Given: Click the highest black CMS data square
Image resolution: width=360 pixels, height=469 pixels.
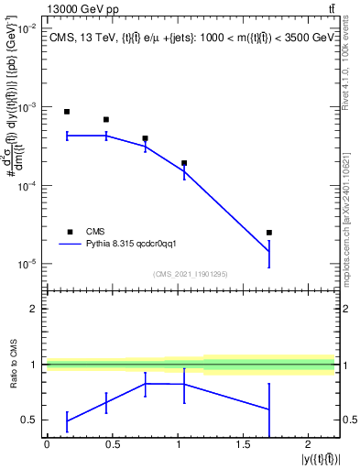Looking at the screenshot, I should pyautogui.click(x=67, y=112).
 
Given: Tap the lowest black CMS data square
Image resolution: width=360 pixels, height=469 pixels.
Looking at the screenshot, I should pyautogui.click(x=269, y=233).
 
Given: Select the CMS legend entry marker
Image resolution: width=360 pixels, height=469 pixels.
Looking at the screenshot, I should pyautogui.click(x=67, y=232).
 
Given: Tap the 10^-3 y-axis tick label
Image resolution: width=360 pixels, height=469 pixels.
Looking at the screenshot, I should pyautogui.click(x=28, y=107).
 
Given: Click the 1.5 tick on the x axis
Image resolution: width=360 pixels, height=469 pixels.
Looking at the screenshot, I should pyautogui.click(x=243, y=436).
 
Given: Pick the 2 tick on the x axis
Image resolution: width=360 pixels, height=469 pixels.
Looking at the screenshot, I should pyautogui.click(x=308, y=436).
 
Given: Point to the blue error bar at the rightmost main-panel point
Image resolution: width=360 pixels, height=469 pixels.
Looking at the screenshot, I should pyautogui.click(x=269, y=253).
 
